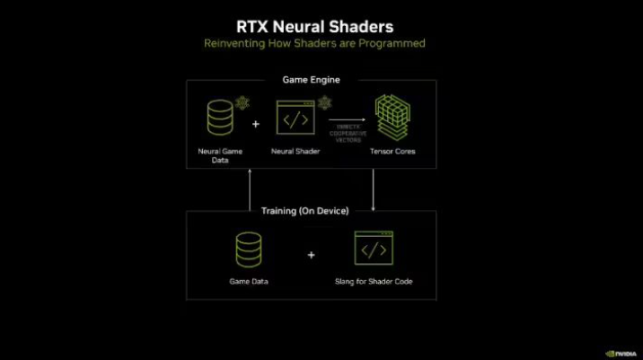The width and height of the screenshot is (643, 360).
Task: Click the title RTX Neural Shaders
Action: (x=314, y=26)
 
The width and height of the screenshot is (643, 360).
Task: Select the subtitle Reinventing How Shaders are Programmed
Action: (x=314, y=43)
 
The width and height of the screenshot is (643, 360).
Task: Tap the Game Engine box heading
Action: (x=312, y=80)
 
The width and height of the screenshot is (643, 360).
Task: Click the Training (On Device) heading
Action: (x=311, y=211)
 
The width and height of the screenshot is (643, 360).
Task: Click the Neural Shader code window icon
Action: (x=295, y=118)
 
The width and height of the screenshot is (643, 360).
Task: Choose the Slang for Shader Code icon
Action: (x=373, y=248)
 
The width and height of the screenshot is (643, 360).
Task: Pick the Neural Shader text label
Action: (x=295, y=151)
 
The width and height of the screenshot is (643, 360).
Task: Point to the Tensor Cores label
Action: (x=392, y=151)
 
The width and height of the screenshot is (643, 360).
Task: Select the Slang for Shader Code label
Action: (x=373, y=282)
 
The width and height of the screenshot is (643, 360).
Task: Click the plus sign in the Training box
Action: (x=311, y=255)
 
